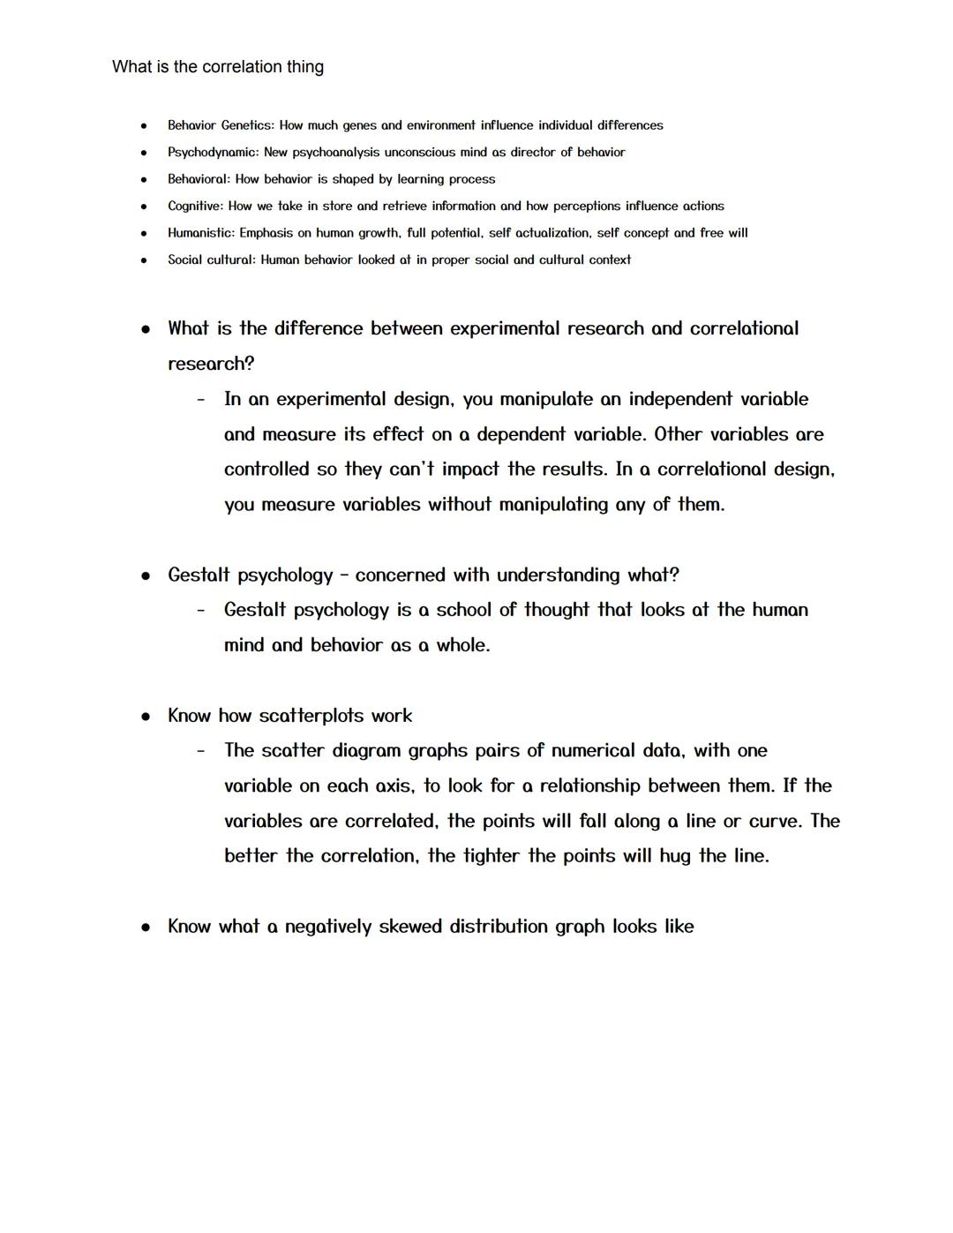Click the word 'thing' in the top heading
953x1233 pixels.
point(304,67)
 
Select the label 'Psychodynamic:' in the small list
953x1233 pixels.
point(213,153)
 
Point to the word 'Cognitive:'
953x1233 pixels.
point(196,207)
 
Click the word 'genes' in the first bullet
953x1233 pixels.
point(359,126)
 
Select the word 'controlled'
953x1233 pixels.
point(266,470)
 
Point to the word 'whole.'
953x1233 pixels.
point(463,645)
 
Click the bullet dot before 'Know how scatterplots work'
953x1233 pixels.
point(146,717)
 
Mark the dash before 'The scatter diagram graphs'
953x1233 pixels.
point(201,751)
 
